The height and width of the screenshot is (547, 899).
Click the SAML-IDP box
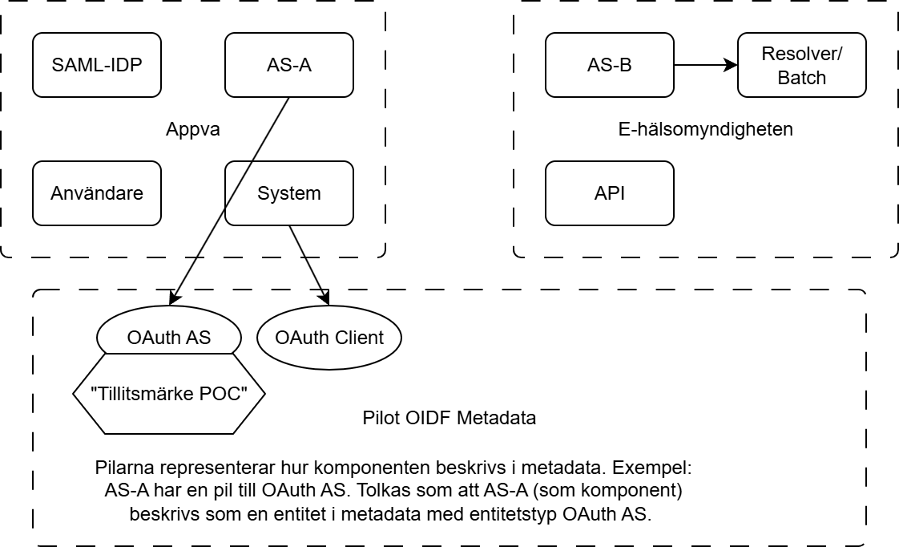click(x=96, y=65)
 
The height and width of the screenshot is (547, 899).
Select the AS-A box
click(x=288, y=65)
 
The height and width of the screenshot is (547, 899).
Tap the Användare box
click(x=96, y=193)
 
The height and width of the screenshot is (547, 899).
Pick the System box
click(x=288, y=193)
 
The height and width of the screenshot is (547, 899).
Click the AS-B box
click(x=609, y=65)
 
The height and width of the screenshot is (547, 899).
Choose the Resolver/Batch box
click(x=801, y=65)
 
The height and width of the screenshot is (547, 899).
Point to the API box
click(x=609, y=193)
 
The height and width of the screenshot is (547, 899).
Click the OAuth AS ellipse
click(x=168, y=338)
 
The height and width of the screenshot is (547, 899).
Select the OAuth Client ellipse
click(x=329, y=338)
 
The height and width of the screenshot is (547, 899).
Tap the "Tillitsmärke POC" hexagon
click(x=168, y=394)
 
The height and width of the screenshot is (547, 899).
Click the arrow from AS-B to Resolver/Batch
click(x=705, y=65)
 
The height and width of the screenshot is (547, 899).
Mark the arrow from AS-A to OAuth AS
click(x=232, y=192)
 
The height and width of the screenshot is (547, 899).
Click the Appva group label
click(x=192, y=129)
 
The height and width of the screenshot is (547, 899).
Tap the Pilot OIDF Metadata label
click(x=449, y=418)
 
